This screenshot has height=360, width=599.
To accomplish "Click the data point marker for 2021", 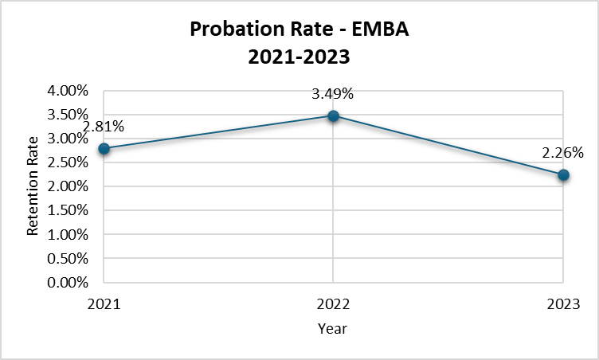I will point(104,148).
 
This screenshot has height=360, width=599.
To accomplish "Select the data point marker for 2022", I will point(333,116).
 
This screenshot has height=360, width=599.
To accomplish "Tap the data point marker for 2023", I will point(563,175).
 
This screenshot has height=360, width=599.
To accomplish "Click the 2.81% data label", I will point(104,126).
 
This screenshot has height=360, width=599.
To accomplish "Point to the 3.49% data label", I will point(333,94).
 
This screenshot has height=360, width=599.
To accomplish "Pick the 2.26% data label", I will point(564,152).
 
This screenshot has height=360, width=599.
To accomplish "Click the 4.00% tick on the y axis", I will point(68,91).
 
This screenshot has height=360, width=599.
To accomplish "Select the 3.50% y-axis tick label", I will point(68,115).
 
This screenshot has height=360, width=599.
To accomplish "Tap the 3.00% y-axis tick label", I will point(68,139).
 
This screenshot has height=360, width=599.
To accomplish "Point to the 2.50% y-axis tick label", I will point(68,162).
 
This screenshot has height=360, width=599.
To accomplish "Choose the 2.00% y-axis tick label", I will point(68,186).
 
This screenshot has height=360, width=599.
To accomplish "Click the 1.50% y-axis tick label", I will point(68,210).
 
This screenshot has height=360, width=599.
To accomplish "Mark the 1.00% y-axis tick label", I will point(68,234).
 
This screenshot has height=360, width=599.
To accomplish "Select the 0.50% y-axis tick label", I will point(68,258).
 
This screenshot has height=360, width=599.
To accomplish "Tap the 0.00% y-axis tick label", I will point(68,282).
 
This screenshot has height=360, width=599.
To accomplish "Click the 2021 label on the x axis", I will point(104,303).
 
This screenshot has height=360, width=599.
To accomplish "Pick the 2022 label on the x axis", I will point(333,303).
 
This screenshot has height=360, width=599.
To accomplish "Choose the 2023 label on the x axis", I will point(563,303).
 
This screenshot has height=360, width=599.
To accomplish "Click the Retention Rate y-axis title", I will point(33,187).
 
